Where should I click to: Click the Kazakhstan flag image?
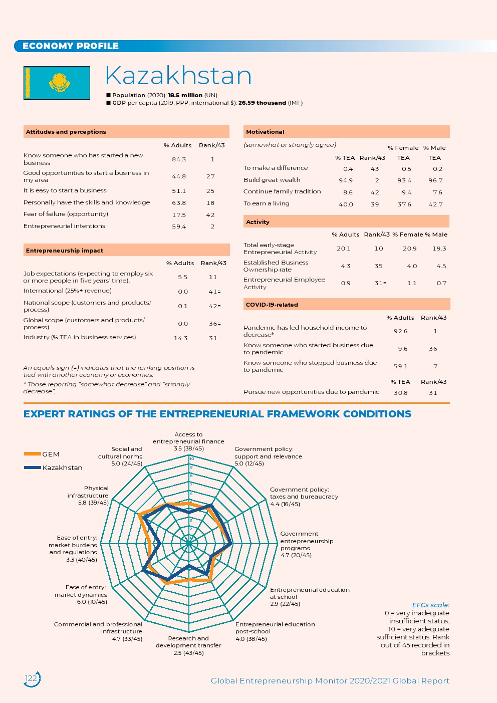click(57, 83)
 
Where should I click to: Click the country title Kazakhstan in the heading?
click(178, 76)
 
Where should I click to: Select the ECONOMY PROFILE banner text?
click(71, 46)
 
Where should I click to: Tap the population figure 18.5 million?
click(185, 95)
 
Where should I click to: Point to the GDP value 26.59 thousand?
click(262, 103)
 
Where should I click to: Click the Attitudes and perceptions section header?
click(66, 132)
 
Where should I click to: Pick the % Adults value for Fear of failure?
click(179, 215)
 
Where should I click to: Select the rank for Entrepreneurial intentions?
click(212, 226)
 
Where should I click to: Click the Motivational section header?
click(265, 132)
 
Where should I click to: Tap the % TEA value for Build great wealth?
click(346, 180)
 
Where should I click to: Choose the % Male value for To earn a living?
click(435, 204)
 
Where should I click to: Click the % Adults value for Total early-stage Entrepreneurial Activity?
click(344, 249)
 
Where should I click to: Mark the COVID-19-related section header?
click(272, 305)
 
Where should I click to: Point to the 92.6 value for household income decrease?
click(400, 331)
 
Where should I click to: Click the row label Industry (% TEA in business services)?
click(80, 337)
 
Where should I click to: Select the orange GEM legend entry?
click(42, 454)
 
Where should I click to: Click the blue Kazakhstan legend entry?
click(53, 467)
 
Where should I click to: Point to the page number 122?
click(31, 678)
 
